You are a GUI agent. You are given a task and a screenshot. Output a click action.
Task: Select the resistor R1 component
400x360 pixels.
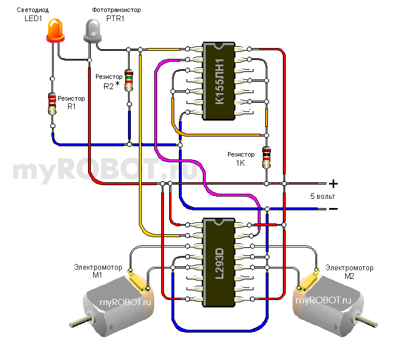point(52,102)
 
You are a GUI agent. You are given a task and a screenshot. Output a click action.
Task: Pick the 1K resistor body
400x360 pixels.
point(266,157)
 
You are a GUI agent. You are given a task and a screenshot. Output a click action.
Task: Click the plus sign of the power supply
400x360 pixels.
point(334,184)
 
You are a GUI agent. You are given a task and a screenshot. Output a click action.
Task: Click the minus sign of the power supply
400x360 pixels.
point(333,209)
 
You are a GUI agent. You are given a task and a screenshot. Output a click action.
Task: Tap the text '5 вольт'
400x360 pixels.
point(323,196)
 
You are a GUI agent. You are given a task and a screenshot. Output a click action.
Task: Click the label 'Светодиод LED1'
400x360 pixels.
point(31,15)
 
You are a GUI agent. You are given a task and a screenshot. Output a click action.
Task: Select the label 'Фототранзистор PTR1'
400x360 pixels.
point(116,15)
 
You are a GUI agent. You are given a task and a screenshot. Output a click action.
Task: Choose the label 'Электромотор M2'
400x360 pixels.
point(349,271)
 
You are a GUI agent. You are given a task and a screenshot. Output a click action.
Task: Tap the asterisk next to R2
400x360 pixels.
point(118,85)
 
